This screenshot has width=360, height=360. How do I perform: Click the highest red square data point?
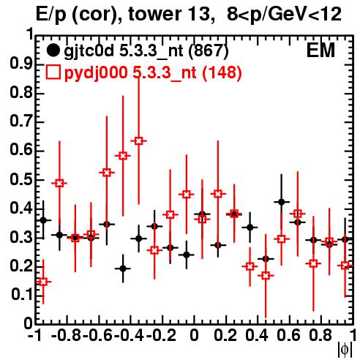(x=138, y=141)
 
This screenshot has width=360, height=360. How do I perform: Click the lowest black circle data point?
(x=123, y=269)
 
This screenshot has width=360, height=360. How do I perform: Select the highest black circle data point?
(x=282, y=202)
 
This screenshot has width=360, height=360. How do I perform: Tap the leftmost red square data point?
(x=43, y=282)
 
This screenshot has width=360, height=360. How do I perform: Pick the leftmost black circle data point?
(x=43, y=220)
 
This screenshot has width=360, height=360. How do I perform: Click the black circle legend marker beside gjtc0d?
(x=53, y=50)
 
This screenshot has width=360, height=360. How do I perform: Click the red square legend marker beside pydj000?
(x=53, y=72)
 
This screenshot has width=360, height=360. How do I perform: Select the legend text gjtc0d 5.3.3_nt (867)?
(x=146, y=51)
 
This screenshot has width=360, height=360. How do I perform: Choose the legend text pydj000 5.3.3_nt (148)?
(x=153, y=72)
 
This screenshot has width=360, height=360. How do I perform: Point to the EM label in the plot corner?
(x=320, y=50)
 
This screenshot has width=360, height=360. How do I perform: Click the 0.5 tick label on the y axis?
(x=21, y=180)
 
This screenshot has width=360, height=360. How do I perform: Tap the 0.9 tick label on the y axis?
(x=21, y=64)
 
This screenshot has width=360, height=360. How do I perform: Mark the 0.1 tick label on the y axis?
(x=21, y=295)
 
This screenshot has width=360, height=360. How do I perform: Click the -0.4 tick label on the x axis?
(x=130, y=335)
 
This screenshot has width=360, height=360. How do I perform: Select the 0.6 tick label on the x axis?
(x=289, y=335)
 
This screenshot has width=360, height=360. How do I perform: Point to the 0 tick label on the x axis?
(x=194, y=335)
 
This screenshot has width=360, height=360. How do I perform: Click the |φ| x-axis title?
(x=345, y=350)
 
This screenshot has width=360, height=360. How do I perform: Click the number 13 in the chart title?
(x=200, y=14)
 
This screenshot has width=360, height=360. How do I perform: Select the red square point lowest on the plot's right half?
(x=266, y=276)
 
